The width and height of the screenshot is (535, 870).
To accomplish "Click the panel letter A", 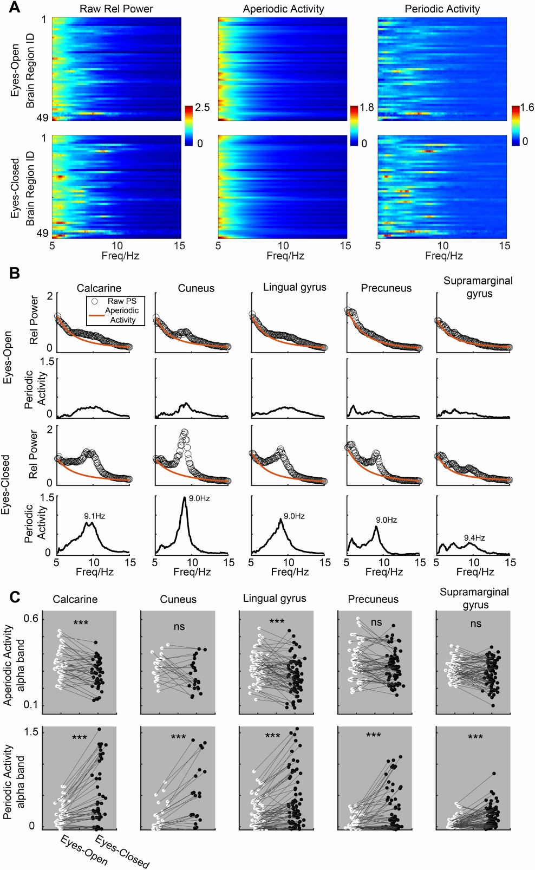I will (15, 8).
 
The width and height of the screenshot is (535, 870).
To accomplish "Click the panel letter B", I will (15, 273).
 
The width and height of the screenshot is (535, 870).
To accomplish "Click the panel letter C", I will (15, 597).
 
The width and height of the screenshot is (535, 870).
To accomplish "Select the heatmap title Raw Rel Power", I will (116, 9).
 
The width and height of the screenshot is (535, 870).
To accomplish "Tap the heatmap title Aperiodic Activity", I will (283, 9).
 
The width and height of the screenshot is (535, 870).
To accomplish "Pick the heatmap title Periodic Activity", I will (442, 9).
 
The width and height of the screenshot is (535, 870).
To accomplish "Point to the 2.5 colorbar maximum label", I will (203, 107).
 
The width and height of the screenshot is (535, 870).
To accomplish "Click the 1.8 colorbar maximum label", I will (367, 107).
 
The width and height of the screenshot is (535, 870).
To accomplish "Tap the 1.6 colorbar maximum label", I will (527, 107).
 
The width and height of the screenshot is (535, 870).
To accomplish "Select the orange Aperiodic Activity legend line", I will (96, 315).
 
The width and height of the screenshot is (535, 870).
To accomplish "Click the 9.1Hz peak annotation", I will (94, 516).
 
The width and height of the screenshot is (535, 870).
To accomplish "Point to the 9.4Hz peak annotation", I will (474, 538).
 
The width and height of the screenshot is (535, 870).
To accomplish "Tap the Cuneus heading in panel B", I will (196, 288).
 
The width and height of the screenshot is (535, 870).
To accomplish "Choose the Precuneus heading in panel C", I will (373, 599).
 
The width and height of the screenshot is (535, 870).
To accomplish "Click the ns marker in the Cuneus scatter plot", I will (179, 627).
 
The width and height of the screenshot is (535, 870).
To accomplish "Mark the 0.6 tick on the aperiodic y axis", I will (31, 619).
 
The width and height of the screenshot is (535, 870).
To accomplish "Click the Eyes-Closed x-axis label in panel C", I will (122, 852).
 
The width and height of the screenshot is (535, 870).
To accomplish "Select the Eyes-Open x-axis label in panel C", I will (84, 850).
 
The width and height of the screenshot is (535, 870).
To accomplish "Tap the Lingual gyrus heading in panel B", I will (295, 287).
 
